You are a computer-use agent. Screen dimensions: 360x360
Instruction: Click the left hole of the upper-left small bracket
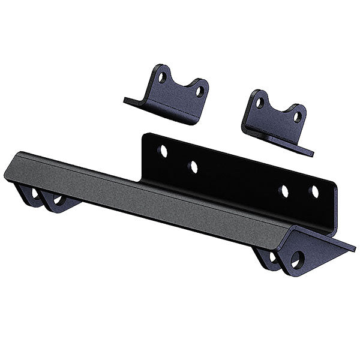161,77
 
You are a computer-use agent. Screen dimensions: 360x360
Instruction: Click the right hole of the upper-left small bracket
200,91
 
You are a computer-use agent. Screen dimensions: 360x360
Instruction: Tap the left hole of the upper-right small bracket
259,103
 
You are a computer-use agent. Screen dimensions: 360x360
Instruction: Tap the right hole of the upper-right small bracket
296,116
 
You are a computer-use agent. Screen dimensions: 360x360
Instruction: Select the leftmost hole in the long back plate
163,151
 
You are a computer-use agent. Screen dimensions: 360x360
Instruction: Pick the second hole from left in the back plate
193,167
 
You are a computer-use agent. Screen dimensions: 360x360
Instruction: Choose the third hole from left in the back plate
284,191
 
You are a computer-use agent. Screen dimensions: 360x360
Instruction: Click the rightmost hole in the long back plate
314,191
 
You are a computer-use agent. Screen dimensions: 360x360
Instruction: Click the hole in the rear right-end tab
273,256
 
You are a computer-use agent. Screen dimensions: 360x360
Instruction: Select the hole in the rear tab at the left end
35,193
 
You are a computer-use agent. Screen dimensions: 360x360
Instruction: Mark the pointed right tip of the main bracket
353,248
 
